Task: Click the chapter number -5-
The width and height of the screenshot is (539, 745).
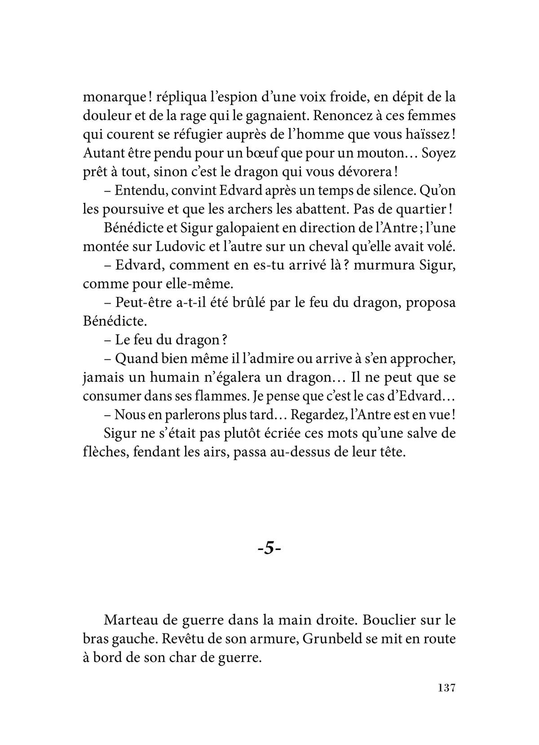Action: [x=269, y=549]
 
